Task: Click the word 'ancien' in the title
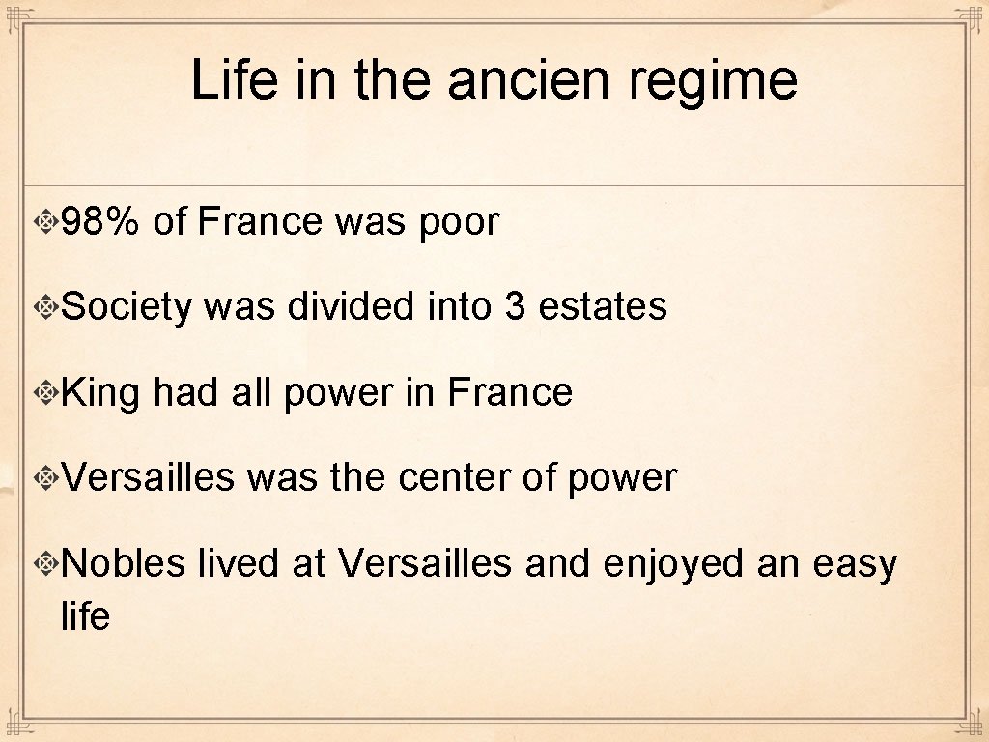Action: coord(528,80)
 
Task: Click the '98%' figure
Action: coord(100,222)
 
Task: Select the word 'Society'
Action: coord(126,308)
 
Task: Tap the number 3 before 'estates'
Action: coord(514,307)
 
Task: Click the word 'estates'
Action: coord(603,307)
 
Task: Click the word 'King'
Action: coord(100,393)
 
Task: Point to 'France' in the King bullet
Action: coord(510,392)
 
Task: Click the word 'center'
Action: coord(454,478)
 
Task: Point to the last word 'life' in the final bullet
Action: coord(85,616)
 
